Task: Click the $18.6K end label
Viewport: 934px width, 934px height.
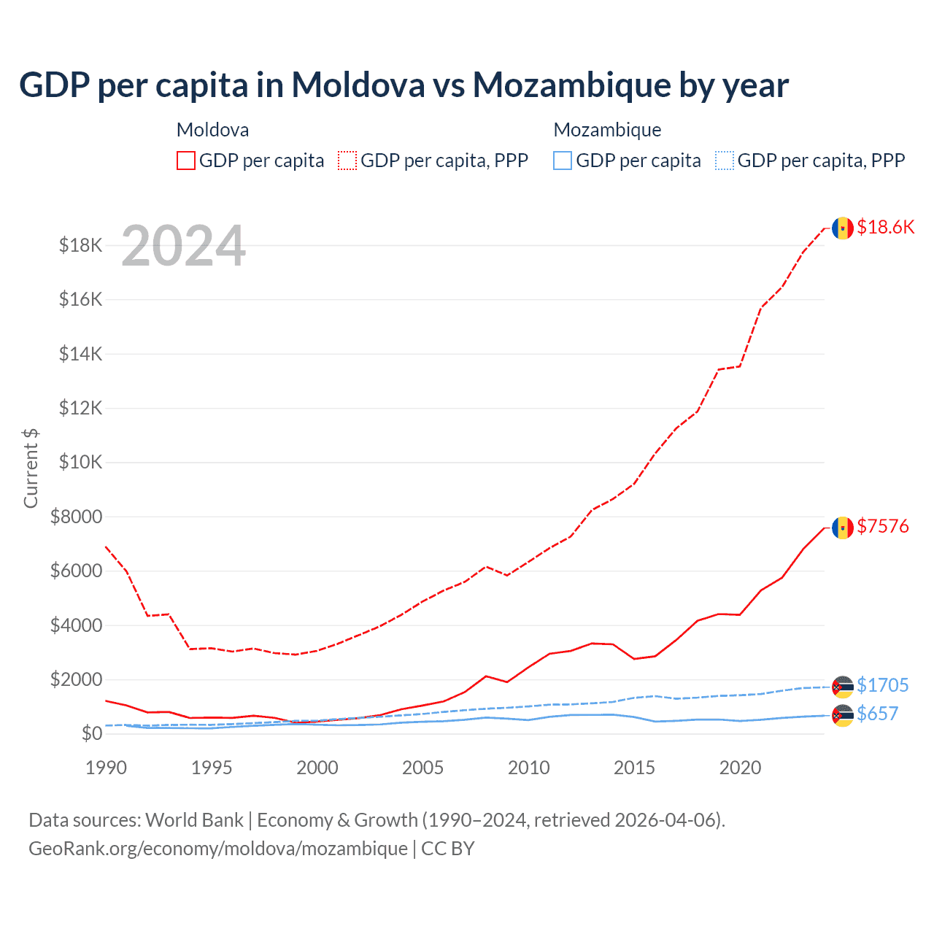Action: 885,227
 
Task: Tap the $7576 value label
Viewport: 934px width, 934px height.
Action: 883,526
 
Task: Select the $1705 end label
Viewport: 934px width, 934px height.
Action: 883,685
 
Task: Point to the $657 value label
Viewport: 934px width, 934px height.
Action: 878,714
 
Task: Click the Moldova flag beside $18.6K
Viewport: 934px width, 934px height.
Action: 843,228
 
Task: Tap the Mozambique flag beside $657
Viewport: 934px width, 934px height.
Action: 843,715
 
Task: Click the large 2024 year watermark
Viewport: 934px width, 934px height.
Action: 183,246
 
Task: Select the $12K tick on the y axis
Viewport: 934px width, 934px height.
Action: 81,408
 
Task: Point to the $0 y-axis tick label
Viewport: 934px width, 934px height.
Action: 91,733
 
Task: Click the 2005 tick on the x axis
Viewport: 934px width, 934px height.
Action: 423,768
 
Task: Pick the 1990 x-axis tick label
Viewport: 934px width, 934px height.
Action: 107,768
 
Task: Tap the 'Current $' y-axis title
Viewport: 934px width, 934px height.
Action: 31,468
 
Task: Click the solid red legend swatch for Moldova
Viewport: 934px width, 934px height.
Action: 186,161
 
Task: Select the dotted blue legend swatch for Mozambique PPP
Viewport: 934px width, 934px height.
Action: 725,161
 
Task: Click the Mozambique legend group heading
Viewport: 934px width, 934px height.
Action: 607,130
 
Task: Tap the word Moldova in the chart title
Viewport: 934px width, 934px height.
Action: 358,85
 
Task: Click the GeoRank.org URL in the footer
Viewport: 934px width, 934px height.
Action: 218,849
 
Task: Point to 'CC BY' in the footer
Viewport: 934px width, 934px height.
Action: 448,849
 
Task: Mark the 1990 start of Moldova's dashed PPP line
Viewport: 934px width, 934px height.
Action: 107,547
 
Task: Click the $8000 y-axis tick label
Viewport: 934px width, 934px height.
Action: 76,517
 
